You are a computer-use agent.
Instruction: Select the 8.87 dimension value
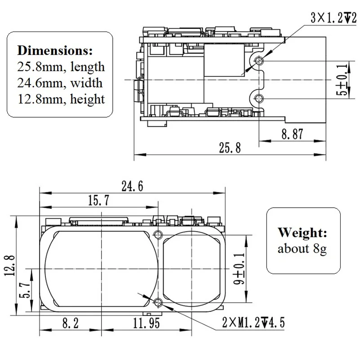click(x=292, y=133)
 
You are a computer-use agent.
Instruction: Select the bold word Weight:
click(x=302, y=233)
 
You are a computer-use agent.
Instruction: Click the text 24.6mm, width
click(x=60, y=83)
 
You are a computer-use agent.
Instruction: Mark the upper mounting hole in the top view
click(x=258, y=61)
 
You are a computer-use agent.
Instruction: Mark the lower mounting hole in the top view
click(x=258, y=98)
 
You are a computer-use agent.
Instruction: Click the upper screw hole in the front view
click(x=157, y=234)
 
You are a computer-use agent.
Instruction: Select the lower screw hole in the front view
click(x=157, y=302)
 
